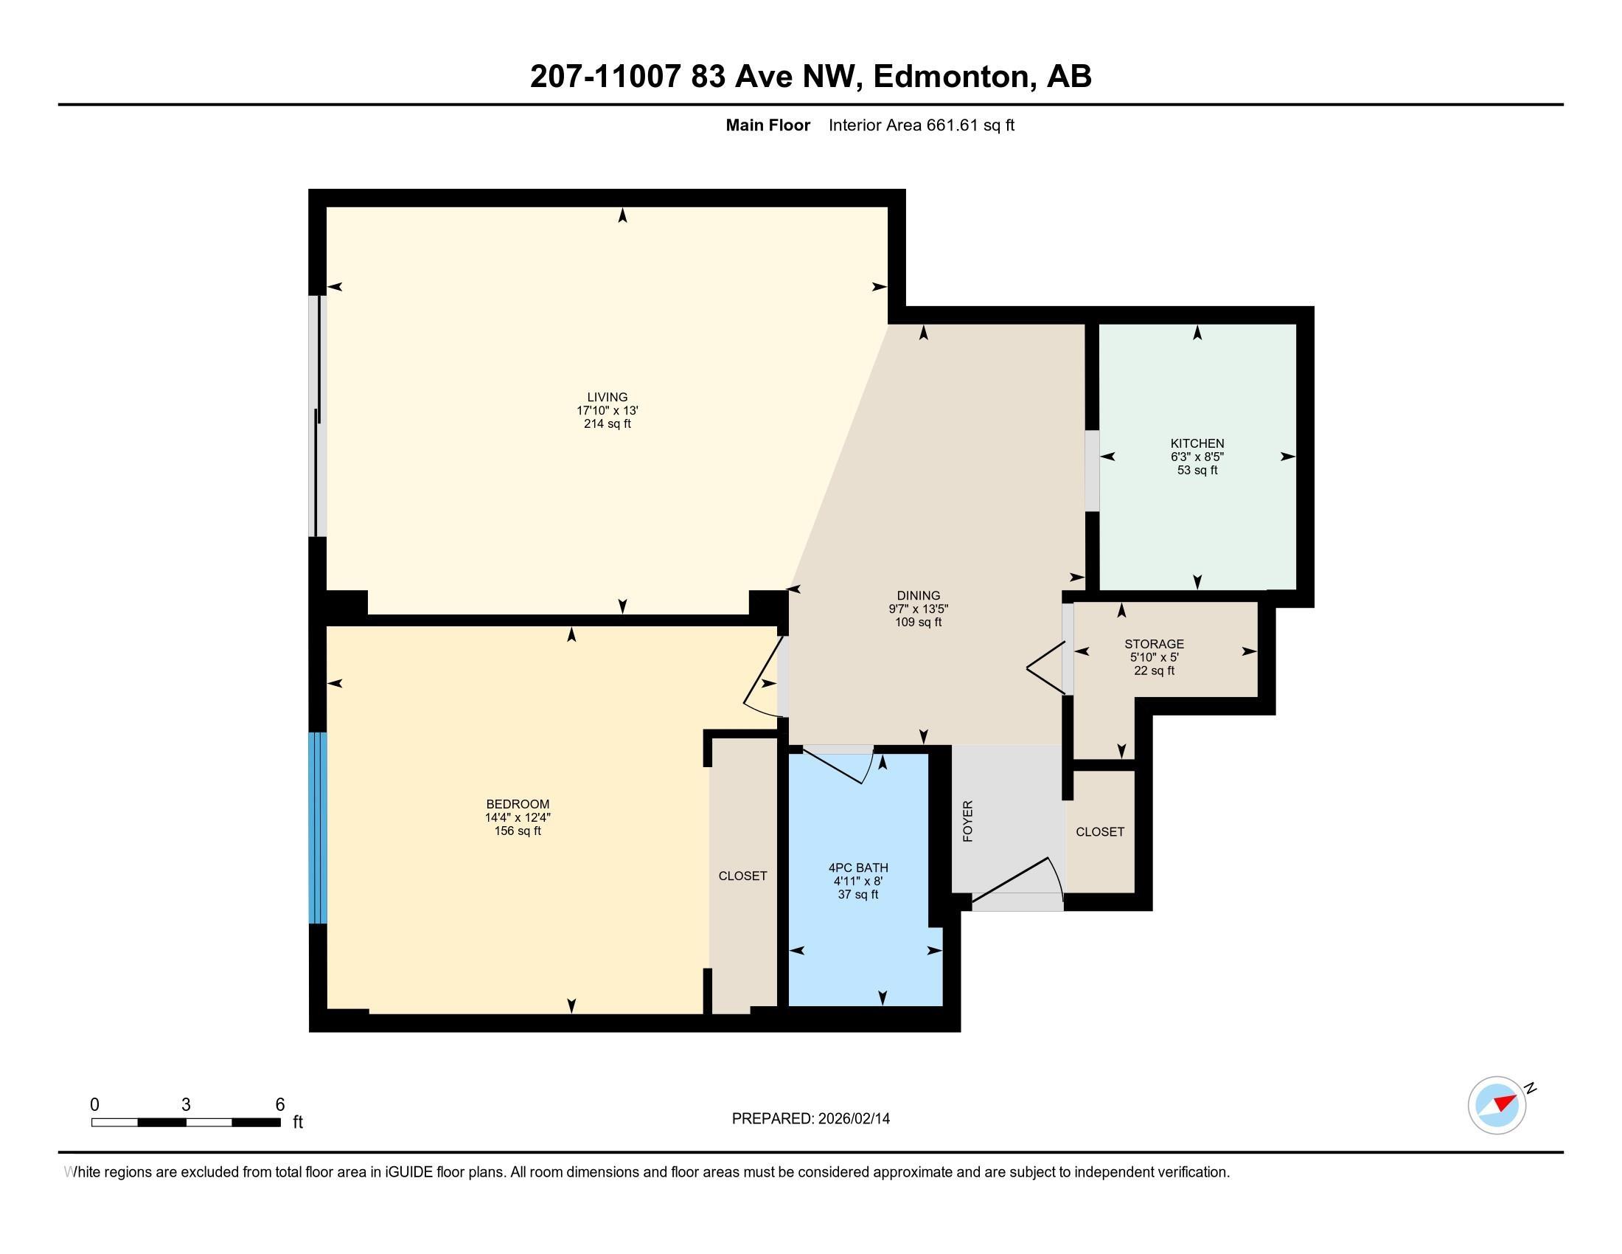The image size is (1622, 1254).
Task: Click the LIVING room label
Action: tap(608, 398)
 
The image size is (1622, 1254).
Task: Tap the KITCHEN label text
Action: tap(1197, 443)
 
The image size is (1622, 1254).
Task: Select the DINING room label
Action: tap(919, 596)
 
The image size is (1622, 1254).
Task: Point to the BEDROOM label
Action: tap(518, 805)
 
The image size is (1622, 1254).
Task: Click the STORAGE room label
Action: tap(1154, 644)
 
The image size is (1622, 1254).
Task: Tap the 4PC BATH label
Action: tap(858, 867)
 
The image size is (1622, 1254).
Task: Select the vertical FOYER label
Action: tap(968, 822)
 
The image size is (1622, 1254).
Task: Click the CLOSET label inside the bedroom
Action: tap(742, 876)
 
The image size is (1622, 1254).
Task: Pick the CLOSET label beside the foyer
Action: tap(1100, 832)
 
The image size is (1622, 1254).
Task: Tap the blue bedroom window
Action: tap(318, 828)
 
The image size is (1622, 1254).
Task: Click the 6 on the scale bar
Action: tap(280, 1105)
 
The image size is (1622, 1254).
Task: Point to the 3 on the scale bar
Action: tap(186, 1105)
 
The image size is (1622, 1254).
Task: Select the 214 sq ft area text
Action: tap(608, 424)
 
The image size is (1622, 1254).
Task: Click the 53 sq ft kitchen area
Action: tap(1197, 471)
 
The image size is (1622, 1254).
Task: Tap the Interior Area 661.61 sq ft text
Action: tap(921, 125)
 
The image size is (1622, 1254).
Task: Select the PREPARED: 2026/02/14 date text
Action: tap(811, 1119)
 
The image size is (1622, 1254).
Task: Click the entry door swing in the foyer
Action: tap(1017, 884)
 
